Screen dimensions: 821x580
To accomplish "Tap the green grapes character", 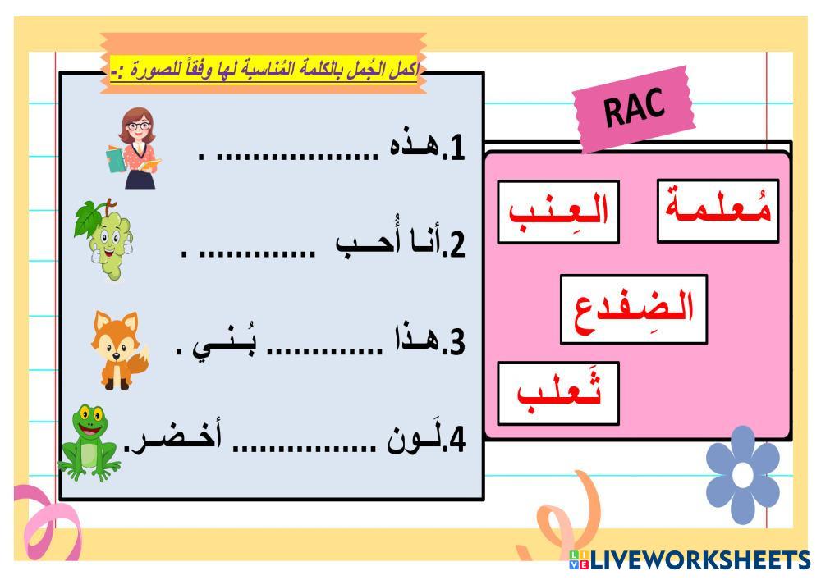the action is click(x=105, y=240).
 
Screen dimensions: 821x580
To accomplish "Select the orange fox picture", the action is click(x=119, y=350).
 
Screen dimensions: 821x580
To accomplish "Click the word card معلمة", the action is click(x=718, y=212).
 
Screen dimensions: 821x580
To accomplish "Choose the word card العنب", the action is click(x=558, y=212).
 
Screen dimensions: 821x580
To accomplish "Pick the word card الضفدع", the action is click(x=634, y=309).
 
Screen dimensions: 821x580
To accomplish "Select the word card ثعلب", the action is click(x=558, y=393).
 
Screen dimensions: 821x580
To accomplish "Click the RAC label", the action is click(x=634, y=108).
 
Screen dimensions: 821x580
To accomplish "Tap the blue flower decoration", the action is click(x=742, y=474).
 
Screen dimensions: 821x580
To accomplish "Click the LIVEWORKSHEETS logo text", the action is click(x=690, y=560).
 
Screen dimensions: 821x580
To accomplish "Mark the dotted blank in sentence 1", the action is click(x=297, y=156).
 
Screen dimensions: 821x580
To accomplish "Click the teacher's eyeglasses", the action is click(x=138, y=126).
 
